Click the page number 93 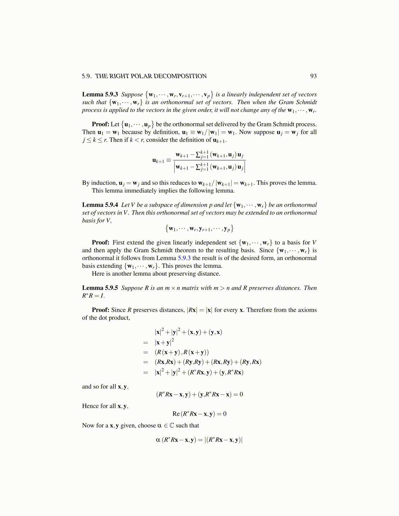tap(313, 76)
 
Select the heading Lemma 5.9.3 tap(100, 94)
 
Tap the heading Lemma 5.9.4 tap(100, 205)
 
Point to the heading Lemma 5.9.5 tap(100, 288)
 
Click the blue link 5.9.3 tap(184, 258)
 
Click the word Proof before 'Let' tap(100, 124)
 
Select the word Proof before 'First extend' tap(100, 242)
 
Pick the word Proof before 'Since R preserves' tap(100, 310)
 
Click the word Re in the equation tap(176, 414)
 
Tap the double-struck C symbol tap(172, 425)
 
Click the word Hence tap(90, 406)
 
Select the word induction tap(104, 183)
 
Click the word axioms tap(306, 310)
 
